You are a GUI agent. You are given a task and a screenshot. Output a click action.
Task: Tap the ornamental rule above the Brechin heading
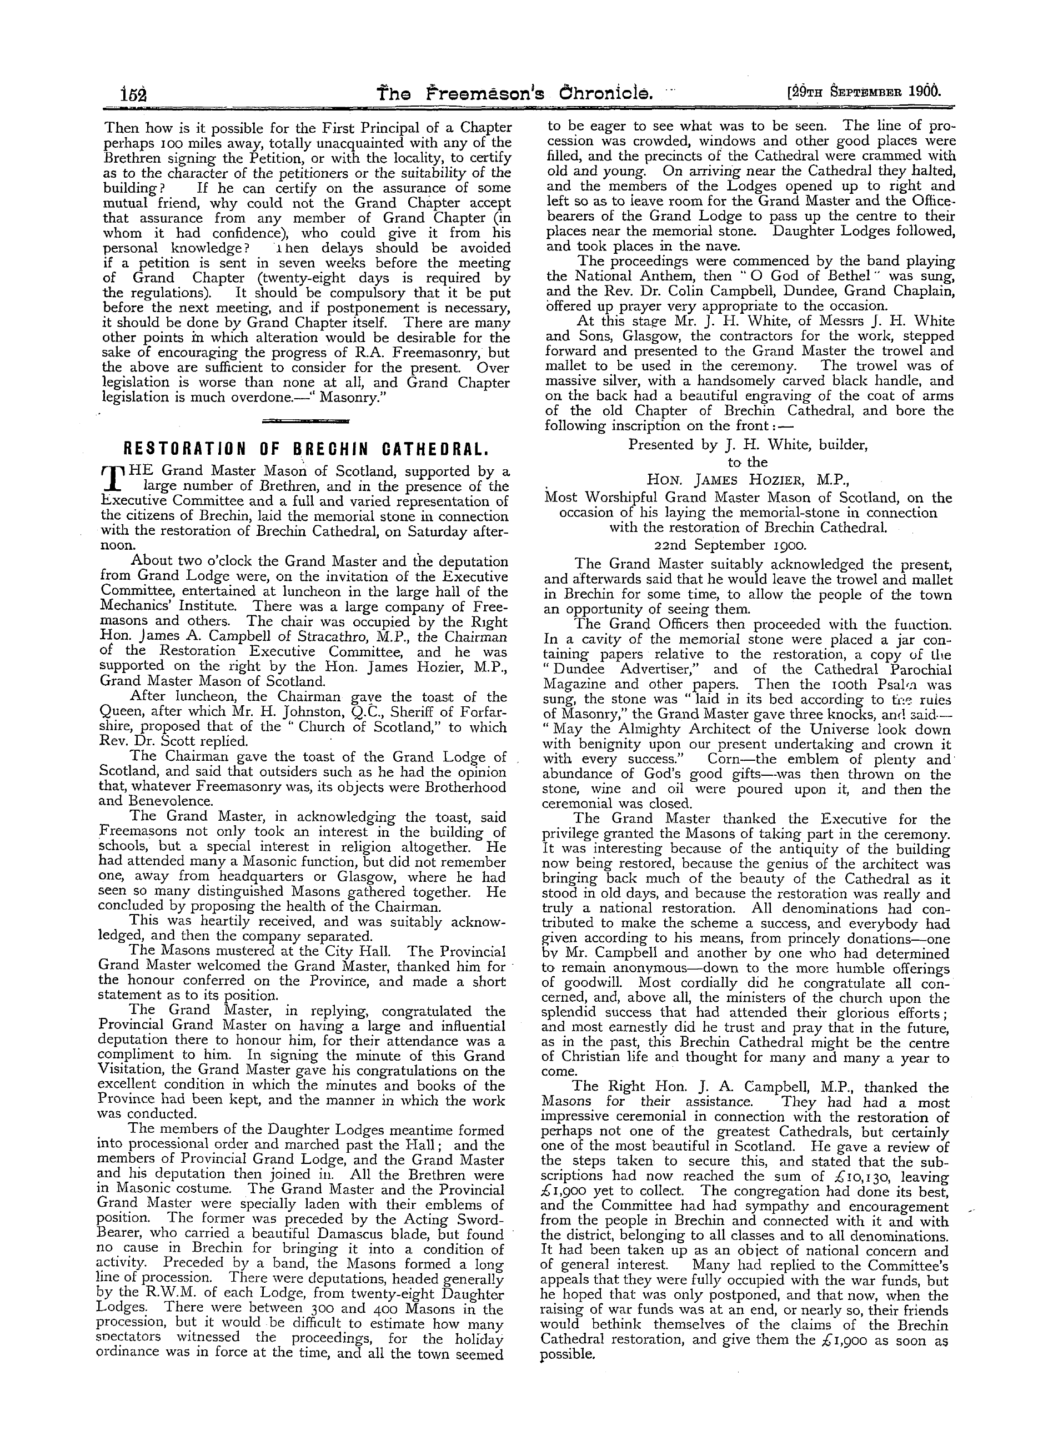pos(305,421)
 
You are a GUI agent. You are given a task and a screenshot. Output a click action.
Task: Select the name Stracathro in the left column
pos(321,637)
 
